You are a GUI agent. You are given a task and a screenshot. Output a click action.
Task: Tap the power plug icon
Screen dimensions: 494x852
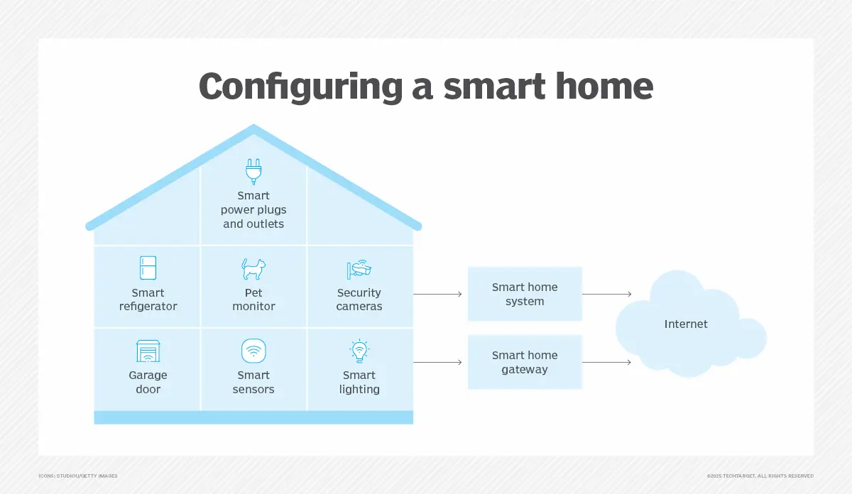(253, 171)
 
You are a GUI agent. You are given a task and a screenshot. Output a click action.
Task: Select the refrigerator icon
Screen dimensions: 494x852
(148, 268)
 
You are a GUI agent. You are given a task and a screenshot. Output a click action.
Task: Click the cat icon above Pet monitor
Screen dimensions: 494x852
(253, 269)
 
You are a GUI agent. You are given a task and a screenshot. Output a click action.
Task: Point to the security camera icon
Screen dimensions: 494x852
(359, 269)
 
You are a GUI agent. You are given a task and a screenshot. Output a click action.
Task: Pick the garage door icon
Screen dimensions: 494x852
(148, 351)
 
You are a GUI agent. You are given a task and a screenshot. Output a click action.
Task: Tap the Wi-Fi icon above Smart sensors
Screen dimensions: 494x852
(253, 351)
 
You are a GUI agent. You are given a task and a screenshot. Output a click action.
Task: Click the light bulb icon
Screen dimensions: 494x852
(359, 351)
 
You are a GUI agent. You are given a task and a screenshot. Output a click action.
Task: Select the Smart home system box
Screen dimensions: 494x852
(525, 294)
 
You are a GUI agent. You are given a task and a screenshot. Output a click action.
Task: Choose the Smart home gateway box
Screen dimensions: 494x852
(525, 362)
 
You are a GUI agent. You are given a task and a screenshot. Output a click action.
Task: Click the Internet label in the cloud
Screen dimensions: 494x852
(686, 324)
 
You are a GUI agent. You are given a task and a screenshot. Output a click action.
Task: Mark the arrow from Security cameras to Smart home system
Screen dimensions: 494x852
(437, 294)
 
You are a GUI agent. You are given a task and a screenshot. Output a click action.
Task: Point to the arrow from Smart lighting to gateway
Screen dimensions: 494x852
(437, 362)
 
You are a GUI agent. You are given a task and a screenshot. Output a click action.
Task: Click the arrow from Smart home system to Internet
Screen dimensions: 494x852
(606, 294)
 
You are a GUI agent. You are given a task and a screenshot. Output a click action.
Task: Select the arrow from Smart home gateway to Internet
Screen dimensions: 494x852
(606, 362)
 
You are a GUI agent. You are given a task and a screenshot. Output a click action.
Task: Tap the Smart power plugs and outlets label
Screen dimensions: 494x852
(253, 209)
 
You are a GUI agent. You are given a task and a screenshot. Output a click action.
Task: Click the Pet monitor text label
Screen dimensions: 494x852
(253, 300)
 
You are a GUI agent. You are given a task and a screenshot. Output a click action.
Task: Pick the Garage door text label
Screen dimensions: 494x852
(148, 382)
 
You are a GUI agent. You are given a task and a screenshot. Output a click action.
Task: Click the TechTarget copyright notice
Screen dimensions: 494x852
(760, 476)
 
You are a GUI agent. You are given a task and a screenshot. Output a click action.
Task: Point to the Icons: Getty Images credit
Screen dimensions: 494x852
(78, 476)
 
